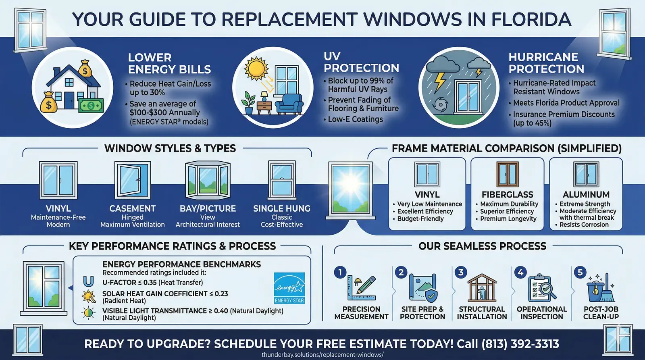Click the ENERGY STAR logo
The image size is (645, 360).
289,288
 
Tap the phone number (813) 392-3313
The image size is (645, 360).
520,344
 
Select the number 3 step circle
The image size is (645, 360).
461,272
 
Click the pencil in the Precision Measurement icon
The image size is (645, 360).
366,285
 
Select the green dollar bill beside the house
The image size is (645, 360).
91,106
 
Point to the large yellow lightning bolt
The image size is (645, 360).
439,82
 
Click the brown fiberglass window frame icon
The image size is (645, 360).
508,174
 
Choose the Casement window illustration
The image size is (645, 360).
133,180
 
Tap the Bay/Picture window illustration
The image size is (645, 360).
208,180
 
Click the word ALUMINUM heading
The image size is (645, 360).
586,195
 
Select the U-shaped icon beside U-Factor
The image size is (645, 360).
88,281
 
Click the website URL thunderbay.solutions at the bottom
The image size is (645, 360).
322,355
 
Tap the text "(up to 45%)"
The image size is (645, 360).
532,123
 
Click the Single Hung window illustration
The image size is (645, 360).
282,180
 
